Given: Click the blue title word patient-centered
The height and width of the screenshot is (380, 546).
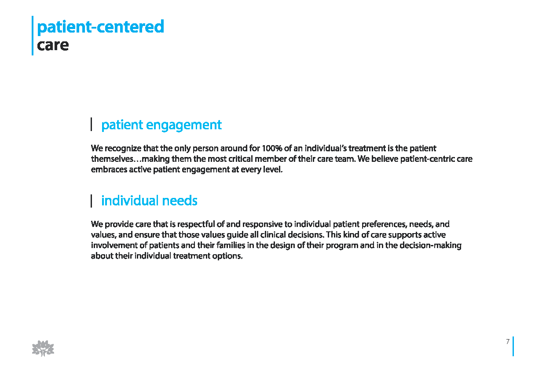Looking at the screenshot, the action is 100,27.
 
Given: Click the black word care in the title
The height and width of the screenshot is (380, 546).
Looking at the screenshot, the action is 53,46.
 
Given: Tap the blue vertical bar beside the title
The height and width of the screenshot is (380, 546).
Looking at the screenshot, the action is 33,36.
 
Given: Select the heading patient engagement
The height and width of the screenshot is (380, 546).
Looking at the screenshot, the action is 161,125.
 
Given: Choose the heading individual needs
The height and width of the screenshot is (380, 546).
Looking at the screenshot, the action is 149,201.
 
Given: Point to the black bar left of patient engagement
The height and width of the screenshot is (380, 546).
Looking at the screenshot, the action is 92,124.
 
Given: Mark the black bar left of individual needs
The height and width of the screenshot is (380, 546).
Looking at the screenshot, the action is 92,201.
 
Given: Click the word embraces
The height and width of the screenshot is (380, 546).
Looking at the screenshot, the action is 109,169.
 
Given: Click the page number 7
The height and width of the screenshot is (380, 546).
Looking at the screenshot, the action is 507,341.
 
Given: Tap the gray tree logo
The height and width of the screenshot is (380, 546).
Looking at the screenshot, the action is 43,348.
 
